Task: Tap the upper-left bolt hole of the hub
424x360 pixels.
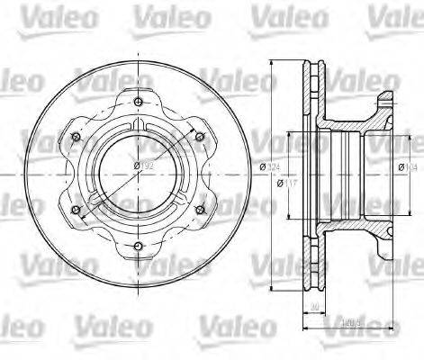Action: click(x=76, y=137)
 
